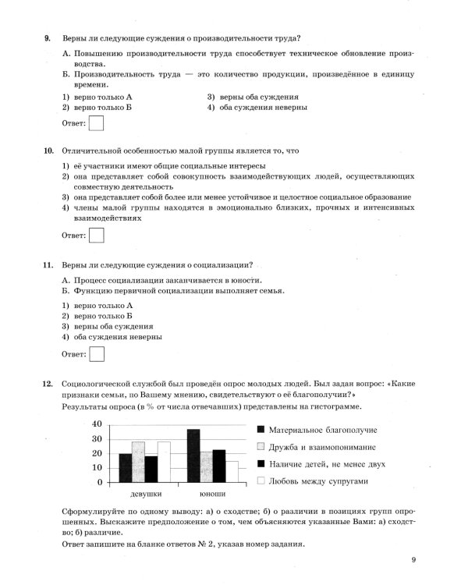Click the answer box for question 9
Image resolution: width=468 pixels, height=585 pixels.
[x=97, y=123]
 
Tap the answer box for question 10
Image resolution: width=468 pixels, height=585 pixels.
[x=97, y=235]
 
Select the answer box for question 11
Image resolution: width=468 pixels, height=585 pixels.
[x=97, y=354]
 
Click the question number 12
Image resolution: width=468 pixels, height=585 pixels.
[x=47, y=384]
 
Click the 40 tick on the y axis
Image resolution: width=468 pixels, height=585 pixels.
[x=97, y=424]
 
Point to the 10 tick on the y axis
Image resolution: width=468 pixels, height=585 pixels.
[x=97, y=468]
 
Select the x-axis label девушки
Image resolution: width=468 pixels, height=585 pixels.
[x=145, y=495]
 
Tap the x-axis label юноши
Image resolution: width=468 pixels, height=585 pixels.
[x=211, y=495]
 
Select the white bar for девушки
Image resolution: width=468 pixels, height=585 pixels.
[x=164, y=462]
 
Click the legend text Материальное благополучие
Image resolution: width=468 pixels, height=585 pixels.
[x=322, y=430]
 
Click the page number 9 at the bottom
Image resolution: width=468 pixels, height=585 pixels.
[x=413, y=559]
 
